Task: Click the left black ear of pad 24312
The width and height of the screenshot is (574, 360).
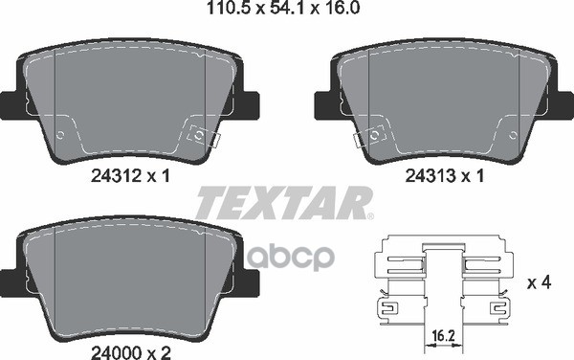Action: (x=10, y=102)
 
